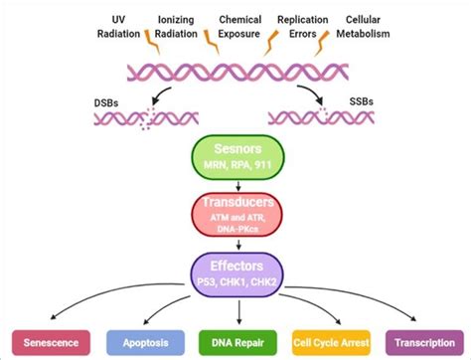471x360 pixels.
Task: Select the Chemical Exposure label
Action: [x=240, y=26]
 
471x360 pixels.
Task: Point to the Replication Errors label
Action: [x=303, y=26]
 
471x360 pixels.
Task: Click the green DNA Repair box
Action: [x=235, y=340]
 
